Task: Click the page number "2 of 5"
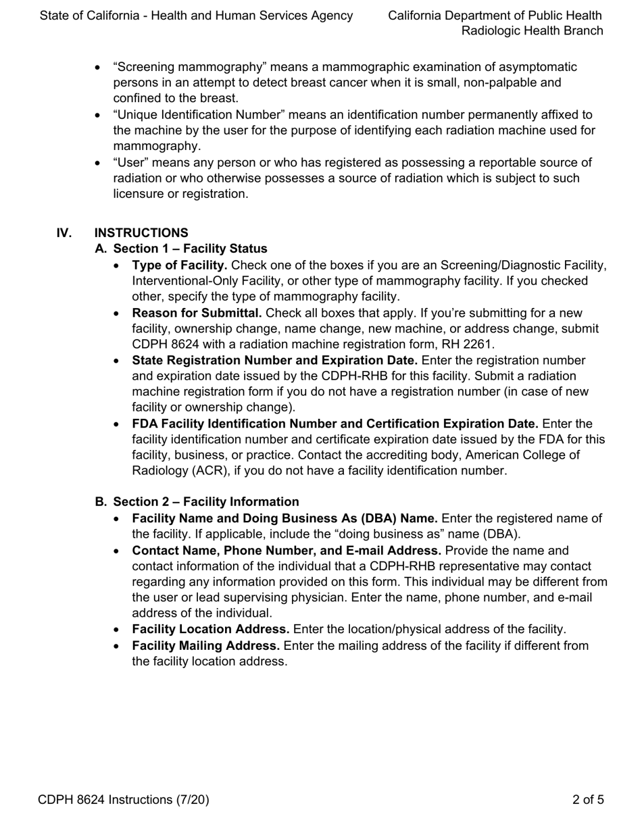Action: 587,800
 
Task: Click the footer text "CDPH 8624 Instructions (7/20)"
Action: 124,800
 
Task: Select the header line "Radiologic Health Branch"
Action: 532,30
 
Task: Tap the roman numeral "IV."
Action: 64,233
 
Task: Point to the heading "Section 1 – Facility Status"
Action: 190,249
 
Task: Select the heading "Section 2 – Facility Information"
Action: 205,502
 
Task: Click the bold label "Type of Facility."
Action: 179,265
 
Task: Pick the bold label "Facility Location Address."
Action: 210,630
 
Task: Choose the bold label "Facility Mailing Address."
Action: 205,646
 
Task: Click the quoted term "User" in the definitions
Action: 130,163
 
